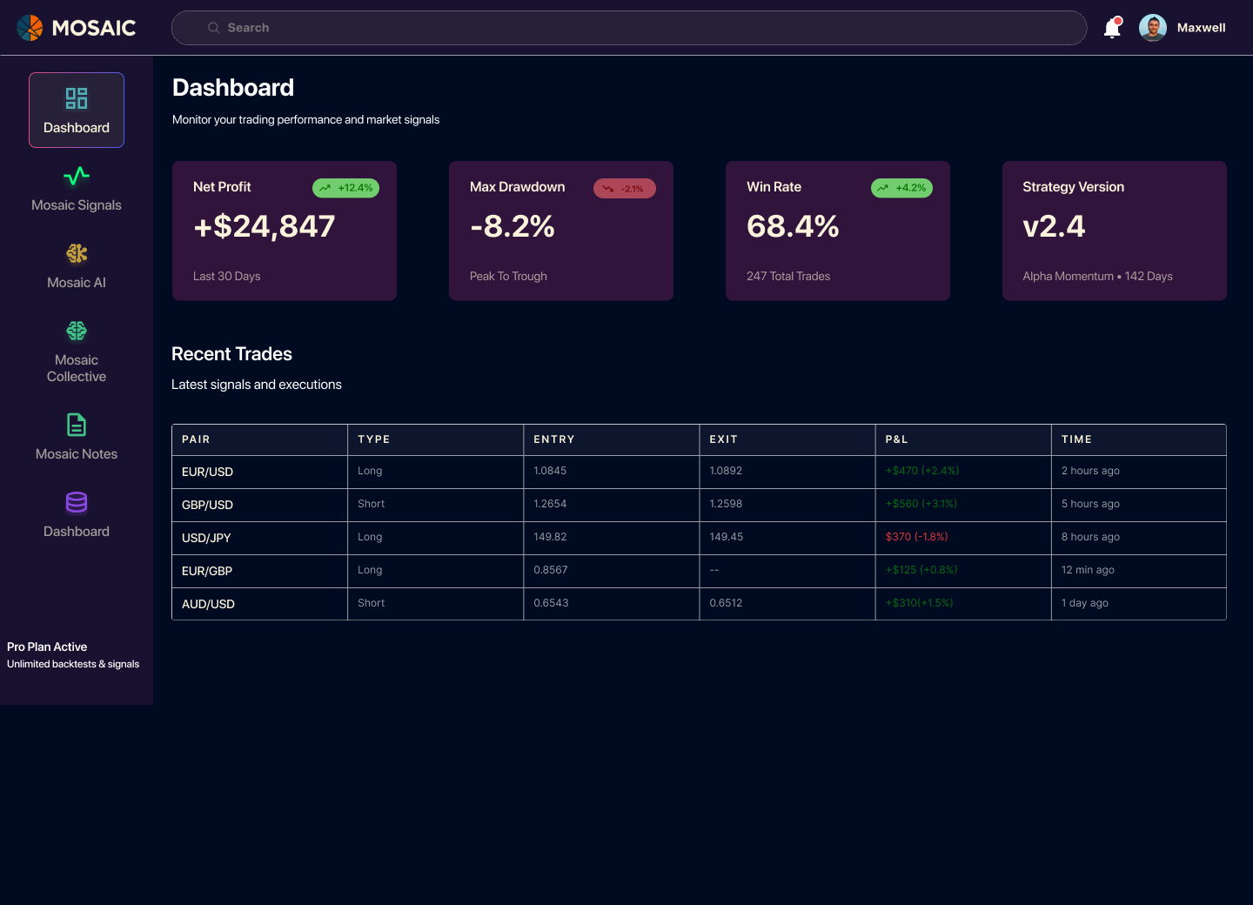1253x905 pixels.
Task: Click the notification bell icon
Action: pyautogui.click(x=1112, y=28)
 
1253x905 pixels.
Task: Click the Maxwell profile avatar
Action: pyautogui.click(x=1152, y=28)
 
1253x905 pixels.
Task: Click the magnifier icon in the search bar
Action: pyautogui.click(x=213, y=28)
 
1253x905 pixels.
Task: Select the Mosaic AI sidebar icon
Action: pyautogui.click(x=77, y=253)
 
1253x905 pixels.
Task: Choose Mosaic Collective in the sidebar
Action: pyautogui.click(x=77, y=352)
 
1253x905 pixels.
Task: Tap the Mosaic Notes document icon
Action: pyautogui.click(x=77, y=425)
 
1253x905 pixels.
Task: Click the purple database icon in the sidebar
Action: pyautogui.click(x=77, y=502)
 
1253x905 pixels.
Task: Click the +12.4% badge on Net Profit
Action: pyautogui.click(x=345, y=188)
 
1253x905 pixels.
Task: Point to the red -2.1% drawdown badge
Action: pyautogui.click(x=624, y=189)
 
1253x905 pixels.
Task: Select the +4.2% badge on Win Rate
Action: pyautogui.click(x=901, y=188)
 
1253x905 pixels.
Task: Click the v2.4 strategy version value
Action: pyautogui.click(x=1054, y=226)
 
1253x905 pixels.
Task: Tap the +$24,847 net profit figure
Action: pyautogui.click(x=264, y=226)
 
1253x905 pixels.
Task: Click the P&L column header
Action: pyautogui.click(x=896, y=439)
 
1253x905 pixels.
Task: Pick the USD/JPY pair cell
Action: pyautogui.click(x=206, y=538)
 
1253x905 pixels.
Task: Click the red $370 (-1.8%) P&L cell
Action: pyautogui.click(x=916, y=537)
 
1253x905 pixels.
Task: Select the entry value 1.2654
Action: pyautogui.click(x=550, y=504)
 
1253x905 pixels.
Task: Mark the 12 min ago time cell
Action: pyautogui.click(x=1088, y=570)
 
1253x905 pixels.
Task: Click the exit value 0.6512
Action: pyautogui.click(x=726, y=603)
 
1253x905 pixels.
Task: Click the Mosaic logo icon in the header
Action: pyautogui.click(x=30, y=28)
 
